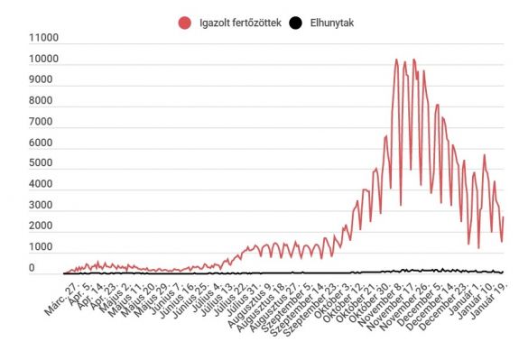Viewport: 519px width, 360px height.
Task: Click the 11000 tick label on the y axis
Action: (42, 39)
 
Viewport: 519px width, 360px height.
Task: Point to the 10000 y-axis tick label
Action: (42, 60)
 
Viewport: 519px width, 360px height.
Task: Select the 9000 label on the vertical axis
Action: (45, 80)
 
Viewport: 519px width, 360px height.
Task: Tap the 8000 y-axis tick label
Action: (45, 101)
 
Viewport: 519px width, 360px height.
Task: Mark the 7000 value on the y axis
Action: (45, 122)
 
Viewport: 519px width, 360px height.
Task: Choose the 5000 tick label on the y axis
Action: (45, 163)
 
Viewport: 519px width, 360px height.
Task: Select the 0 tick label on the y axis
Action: (55, 268)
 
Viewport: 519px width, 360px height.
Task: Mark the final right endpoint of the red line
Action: (504, 217)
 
